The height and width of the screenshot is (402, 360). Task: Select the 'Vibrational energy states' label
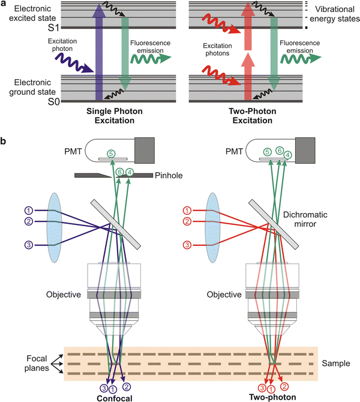pyautogui.click(x=334, y=13)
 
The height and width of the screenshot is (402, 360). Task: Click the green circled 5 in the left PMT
pyautogui.click(x=111, y=154)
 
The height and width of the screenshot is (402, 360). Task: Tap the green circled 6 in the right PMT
pyautogui.click(x=279, y=151)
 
